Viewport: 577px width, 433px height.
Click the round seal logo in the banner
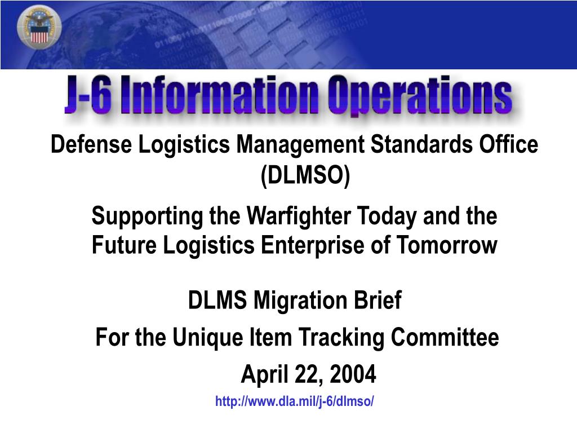pos(39,30)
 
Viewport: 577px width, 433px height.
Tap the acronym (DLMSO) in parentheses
pos(305,176)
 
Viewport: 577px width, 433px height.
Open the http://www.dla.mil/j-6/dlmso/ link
pos(295,402)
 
